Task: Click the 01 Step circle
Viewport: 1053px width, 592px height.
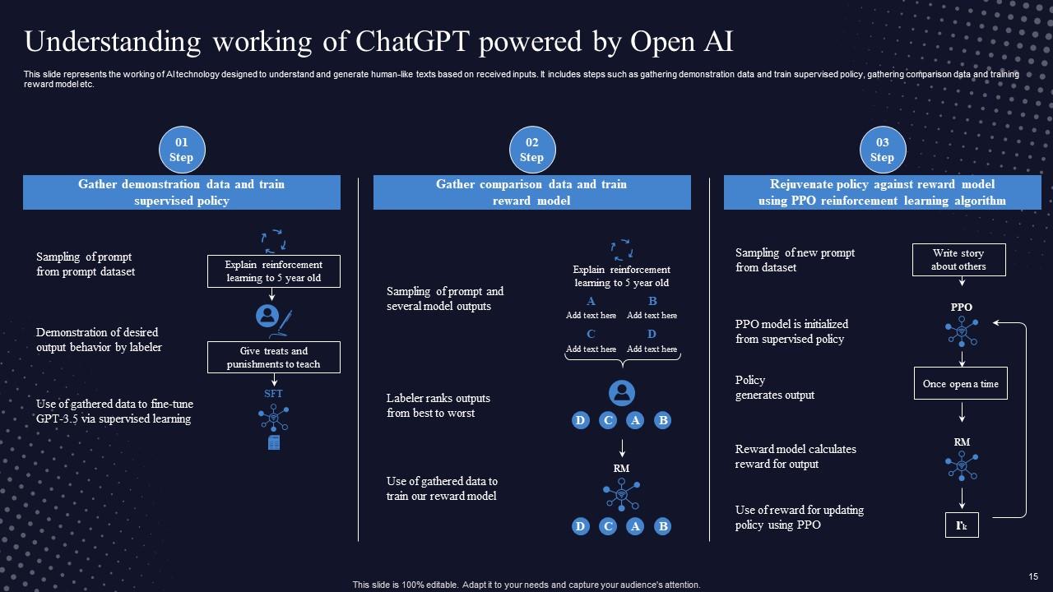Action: click(x=182, y=150)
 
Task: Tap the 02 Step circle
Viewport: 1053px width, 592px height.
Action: click(x=532, y=150)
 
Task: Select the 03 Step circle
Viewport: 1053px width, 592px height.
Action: click(x=882, y=150)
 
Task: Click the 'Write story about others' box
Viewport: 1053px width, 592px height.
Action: click(x=958, y=260)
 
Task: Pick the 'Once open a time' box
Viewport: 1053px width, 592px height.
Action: click(x=960, y=383)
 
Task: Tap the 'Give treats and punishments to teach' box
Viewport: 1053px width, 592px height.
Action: click(x=274, y=358)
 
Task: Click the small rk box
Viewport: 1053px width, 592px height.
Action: click(x=961, y=525)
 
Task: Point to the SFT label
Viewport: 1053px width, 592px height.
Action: click(x=273, y=394)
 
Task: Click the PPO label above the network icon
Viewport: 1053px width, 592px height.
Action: click(x=961, y=308)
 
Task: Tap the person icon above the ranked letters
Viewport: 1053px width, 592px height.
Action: click(x=621, y=392)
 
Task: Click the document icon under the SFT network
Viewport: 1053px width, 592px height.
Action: click(x=274, y=443)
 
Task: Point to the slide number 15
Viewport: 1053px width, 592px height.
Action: click(x=1034, y=577)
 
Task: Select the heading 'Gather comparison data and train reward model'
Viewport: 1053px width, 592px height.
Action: click(x=531, y=192)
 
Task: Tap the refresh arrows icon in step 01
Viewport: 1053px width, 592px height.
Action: click(x=273, y=240)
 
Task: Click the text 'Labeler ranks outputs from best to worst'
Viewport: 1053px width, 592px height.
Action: click(x=438, y=405)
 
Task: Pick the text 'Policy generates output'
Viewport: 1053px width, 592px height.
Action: click(x=774, y=387)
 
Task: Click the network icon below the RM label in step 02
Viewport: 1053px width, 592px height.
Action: click(x=621, y=494)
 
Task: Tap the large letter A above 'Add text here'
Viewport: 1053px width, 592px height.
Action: click(x=591, y=302)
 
